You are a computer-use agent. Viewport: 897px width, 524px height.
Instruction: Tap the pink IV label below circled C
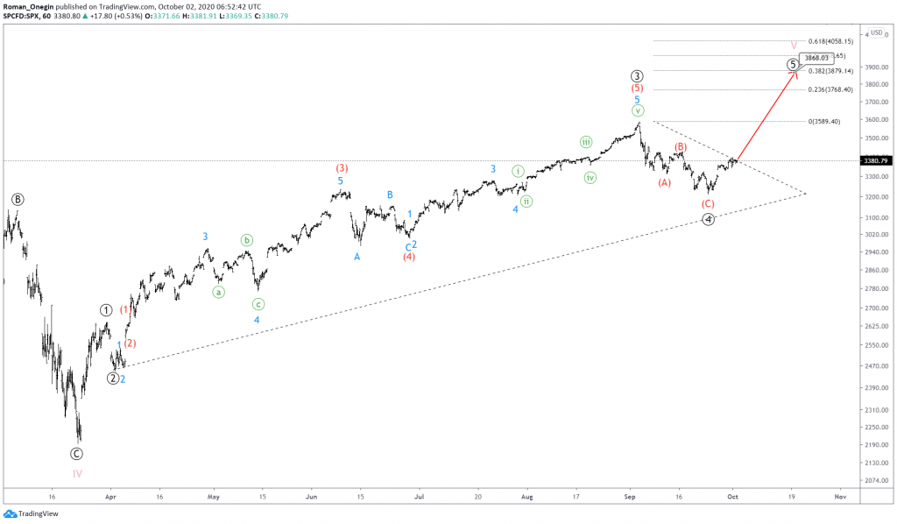point(77,473)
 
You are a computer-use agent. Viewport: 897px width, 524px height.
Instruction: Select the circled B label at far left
point(18,199)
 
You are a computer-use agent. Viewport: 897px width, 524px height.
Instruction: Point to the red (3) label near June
point(342,167)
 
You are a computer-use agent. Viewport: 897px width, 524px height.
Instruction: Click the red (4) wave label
point(409,257)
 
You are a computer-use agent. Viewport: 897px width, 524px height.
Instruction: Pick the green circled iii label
point(586,142)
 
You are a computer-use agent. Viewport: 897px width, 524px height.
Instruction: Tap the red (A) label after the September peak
point(664,182)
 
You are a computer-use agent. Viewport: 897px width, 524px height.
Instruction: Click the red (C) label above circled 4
point(709,203)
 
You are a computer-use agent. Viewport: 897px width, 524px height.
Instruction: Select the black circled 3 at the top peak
point(638,76)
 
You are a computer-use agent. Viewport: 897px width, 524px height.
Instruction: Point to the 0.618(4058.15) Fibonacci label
point(830,41)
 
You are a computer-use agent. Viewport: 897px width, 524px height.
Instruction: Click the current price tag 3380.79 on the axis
point(875,160)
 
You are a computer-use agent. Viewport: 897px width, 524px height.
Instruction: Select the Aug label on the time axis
point(526,496)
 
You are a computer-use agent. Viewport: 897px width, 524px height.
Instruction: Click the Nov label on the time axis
point(839,496)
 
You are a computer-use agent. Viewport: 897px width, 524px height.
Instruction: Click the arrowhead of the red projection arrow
point(795,73)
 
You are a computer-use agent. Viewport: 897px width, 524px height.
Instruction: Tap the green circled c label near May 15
point(258,304)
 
